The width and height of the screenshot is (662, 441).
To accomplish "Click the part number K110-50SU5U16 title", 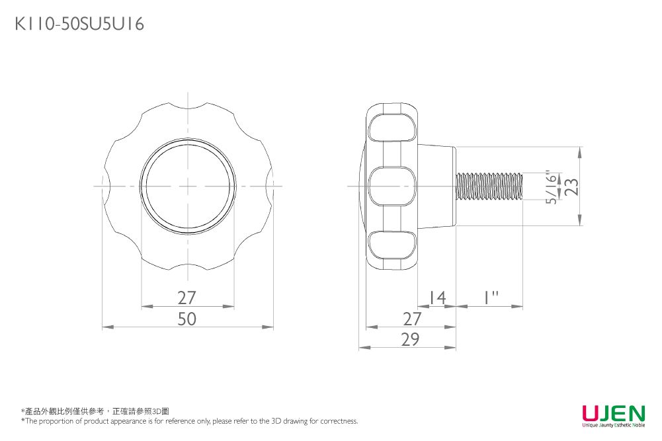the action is click(x=79, y=24).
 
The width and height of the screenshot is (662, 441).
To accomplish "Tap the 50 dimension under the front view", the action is click(x=186, y=319).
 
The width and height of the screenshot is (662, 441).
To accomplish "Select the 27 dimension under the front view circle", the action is click(x=186, y=298).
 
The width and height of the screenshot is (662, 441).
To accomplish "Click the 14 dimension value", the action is click(x=437, y=298).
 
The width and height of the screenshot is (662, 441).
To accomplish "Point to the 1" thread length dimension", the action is click(x=491, y=298).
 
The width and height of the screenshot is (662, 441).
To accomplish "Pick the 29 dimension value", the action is click(x=411, y=339).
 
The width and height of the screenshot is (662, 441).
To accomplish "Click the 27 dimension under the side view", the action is click(x=411, y=319).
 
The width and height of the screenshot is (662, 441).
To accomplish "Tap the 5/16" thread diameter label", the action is click(x=552, y=188).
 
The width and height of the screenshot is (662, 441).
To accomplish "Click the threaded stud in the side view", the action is click(x=490, y=186).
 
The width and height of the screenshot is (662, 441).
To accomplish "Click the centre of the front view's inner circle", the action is click(x=188, y=186).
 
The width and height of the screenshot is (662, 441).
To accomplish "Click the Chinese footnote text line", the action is click(x=95, y=411).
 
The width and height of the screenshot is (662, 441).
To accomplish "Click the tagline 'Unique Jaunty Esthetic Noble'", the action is click(x=614, y=425).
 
